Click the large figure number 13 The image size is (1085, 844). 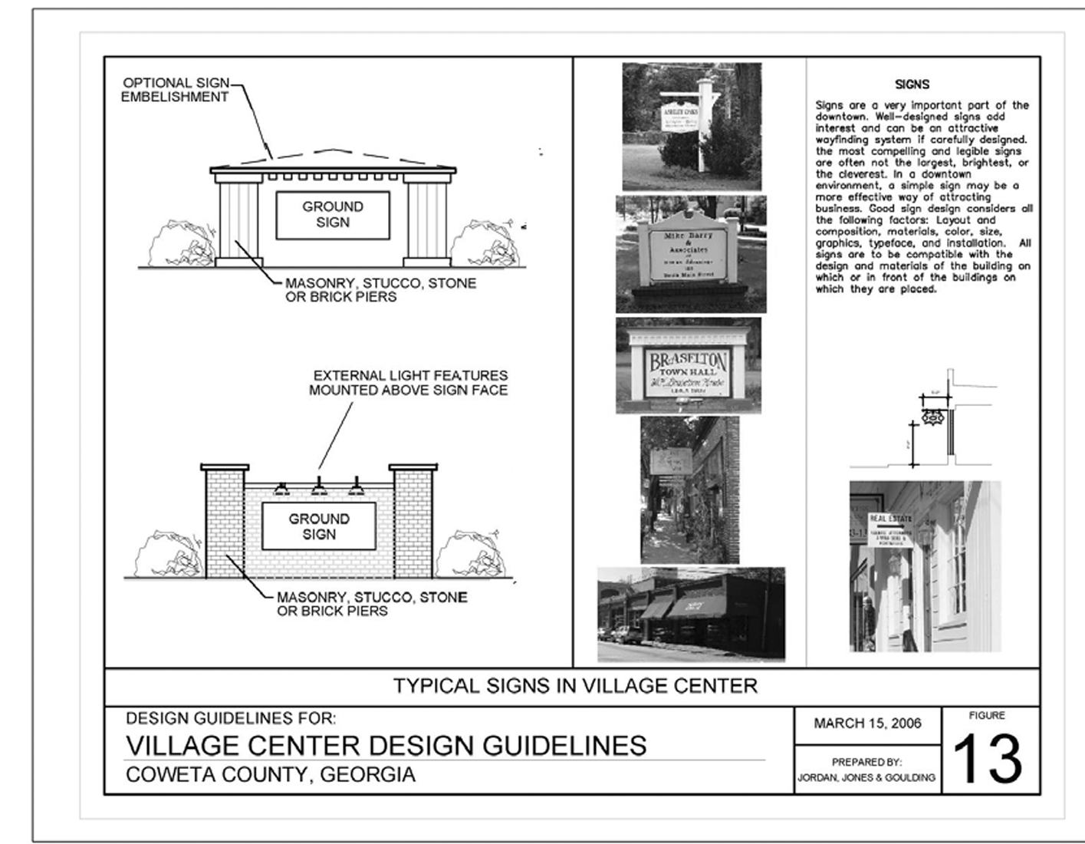pos(987,758)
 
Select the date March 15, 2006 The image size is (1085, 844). pos(867,724)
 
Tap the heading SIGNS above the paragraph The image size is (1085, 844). pos(912,84)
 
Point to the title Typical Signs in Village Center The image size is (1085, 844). pos(575,686)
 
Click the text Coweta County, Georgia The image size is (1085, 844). pos(270,775)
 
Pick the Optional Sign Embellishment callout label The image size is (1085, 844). pos(176,90)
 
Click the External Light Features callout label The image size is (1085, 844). pos(408,383)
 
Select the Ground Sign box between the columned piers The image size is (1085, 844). pos(332,215)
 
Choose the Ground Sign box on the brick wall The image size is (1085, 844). pos(318,526)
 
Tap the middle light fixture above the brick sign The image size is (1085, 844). pos(319,487)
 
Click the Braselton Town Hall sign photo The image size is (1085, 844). pos(688,367)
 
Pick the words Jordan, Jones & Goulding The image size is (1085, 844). pos(866,777)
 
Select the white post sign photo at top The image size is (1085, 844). pos(691,126)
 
